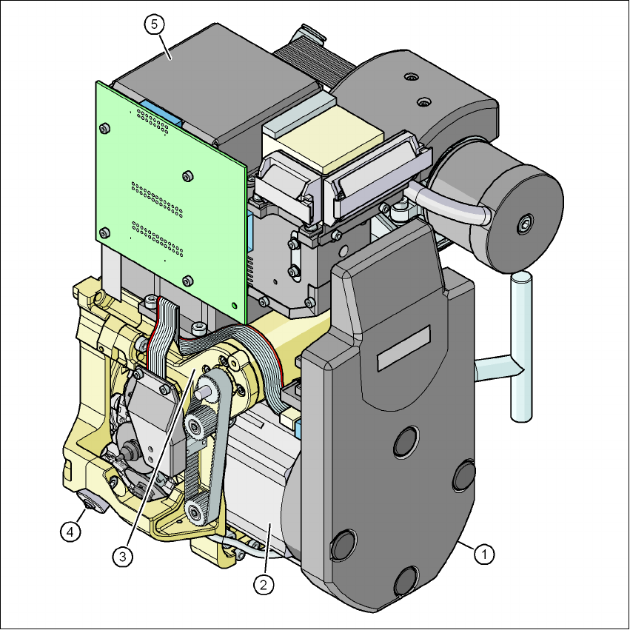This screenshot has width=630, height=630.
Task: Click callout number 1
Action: tap(484, 554)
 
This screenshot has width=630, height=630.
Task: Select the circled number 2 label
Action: tap(264, 584)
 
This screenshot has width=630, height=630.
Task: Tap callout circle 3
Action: tap(123, 557)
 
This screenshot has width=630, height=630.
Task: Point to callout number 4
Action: tap(70, 532)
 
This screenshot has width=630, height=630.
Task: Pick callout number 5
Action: tap(155, 24)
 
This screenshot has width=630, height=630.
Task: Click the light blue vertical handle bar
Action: tap(521, 346)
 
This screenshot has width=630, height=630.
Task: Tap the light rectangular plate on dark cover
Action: tap(403, 348)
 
